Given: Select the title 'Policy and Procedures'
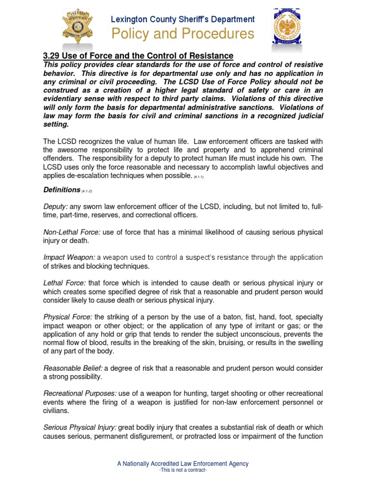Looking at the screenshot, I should (x=183, y=34).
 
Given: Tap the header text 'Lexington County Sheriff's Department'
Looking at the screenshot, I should (x=183, y=20).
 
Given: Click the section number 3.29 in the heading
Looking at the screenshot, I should (x=54, y=56).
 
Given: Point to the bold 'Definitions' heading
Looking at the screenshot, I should (x=61, y=190).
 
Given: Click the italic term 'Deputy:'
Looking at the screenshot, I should (x=56, y=207).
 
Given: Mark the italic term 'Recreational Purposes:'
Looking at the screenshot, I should (x=80, y=393).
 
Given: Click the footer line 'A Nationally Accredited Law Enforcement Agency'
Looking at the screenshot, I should (x=183, y=464).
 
